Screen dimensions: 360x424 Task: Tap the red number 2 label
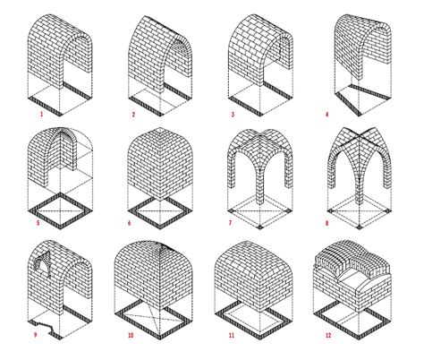[x=132, y=115]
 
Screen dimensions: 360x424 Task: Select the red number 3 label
[x=231, y=115]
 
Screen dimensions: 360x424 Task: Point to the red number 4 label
[x=328, y=115]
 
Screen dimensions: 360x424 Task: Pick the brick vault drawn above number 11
[x=255, y=269]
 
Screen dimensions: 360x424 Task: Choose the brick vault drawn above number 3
[x=259, y=49]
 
